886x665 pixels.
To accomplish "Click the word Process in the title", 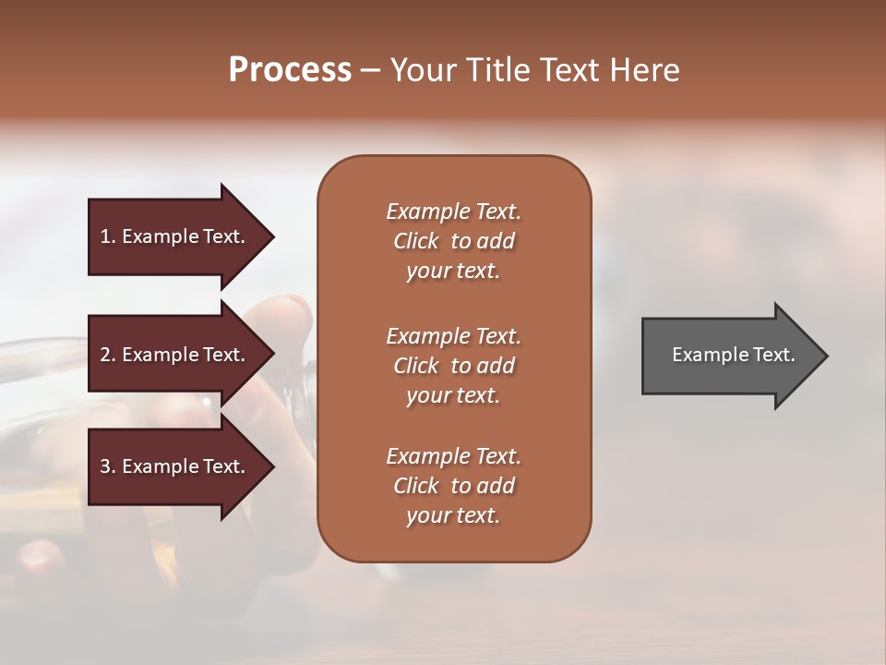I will [x=290, y=70].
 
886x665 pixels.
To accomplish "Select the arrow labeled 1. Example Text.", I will [x=175, y=236].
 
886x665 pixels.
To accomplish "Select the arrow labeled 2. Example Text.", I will [x=175, y=355].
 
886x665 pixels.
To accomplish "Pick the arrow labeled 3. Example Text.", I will [x=175, y=466].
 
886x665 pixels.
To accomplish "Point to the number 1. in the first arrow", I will [x=108, y=236].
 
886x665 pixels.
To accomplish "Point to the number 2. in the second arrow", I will [x=108, y=355].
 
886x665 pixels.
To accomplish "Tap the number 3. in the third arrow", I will [x=108, y=466].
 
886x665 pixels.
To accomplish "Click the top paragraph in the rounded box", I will [x=453, y=240].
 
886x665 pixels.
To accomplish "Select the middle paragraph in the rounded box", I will [x=453, y=365].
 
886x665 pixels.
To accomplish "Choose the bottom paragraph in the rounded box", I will [x=453, y=486].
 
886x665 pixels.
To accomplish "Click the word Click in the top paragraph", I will [x=415, y=241].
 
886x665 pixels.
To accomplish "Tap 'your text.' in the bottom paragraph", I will [x=453, y=516].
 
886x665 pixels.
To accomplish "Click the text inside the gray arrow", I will [x=734, y=355].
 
